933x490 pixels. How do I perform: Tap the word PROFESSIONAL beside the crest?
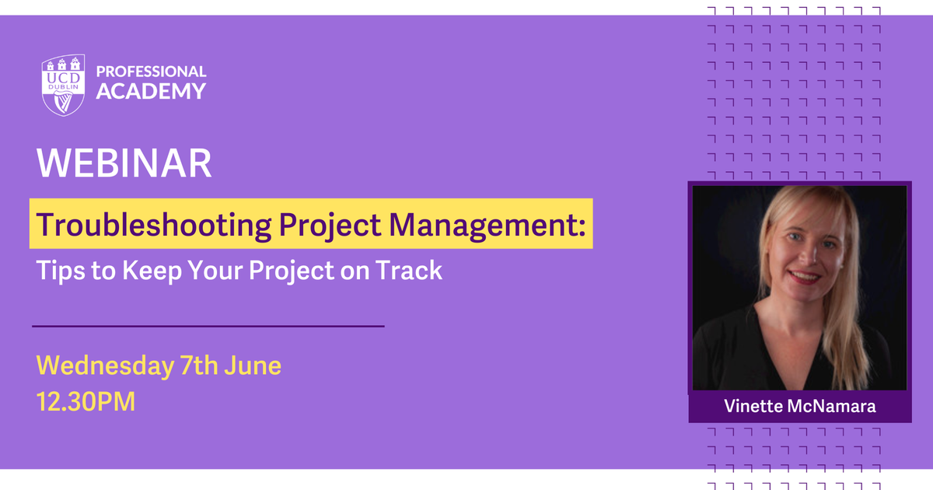[151, 72]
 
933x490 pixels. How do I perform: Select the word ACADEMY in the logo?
[151, 91]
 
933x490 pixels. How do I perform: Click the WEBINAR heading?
[124, 163]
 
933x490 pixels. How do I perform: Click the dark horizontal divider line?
[208, 326]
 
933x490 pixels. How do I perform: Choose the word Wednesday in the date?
[105, 365]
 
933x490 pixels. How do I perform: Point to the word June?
[257, 365]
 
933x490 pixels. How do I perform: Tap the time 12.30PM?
[86, 402]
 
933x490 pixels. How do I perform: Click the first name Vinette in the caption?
[752, 406]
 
